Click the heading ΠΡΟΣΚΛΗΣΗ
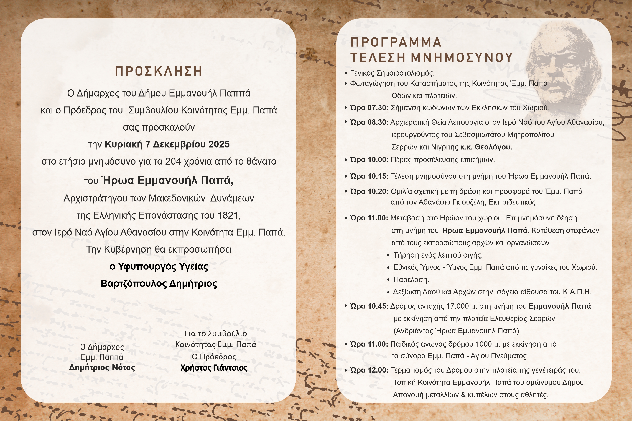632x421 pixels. [x=159, y=71]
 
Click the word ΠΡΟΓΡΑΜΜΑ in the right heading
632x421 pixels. [x=396, y=42]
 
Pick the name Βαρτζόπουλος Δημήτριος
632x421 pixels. [x=159, y=284]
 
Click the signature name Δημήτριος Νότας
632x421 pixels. [x=102, y=367]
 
